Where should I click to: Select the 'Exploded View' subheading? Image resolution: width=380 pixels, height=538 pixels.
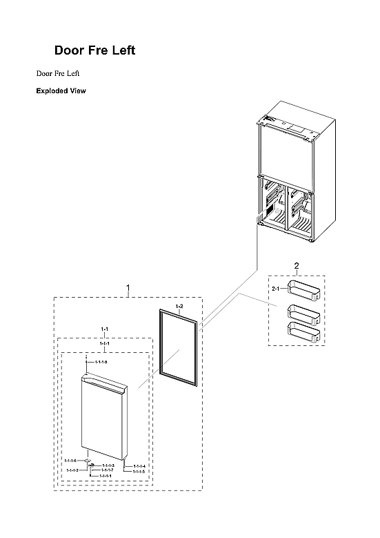point(61,90)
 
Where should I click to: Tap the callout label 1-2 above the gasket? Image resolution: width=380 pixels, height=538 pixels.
point(179,305)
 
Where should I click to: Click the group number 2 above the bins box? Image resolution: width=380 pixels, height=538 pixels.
point(297,266)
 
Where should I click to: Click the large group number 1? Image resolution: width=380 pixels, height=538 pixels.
point(128,286)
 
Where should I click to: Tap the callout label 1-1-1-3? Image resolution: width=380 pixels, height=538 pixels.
point(108,466)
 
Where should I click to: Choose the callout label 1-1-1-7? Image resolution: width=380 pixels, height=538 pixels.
point(107,470)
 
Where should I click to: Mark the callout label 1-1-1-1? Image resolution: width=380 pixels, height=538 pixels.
point(106,476)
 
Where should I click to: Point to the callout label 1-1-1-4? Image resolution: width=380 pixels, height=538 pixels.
point(139,466)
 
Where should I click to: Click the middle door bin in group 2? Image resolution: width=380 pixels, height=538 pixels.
point(303,314)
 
